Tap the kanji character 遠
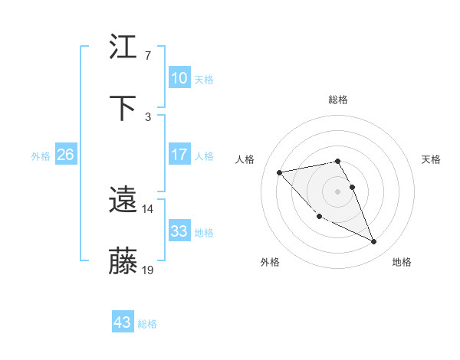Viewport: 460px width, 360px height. pos(123,201)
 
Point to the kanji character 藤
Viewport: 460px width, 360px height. pos(123,261)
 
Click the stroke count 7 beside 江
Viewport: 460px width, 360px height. pos(147,56)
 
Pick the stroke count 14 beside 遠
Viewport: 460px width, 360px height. pos(147,209)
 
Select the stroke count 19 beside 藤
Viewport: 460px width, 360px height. pos(148,270)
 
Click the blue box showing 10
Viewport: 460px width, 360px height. pos(179,78)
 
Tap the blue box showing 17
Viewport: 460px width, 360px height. pos(179,155)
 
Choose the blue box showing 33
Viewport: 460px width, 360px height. pos(179,231)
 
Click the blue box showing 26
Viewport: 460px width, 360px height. pos(65,155)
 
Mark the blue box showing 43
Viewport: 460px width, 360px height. pos(122,322)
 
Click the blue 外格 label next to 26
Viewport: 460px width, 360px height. pos(41,156)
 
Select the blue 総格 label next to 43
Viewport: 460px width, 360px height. pos(147,324)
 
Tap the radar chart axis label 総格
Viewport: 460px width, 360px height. pos(338,100)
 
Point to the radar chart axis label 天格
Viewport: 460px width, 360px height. pos(431,159)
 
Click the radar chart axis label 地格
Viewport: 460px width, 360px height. pos(402,262)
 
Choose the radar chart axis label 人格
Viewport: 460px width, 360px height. pos(245,159)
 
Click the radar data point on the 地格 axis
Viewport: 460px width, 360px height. pos(374,242)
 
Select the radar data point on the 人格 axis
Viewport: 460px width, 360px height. pos(279,172)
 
